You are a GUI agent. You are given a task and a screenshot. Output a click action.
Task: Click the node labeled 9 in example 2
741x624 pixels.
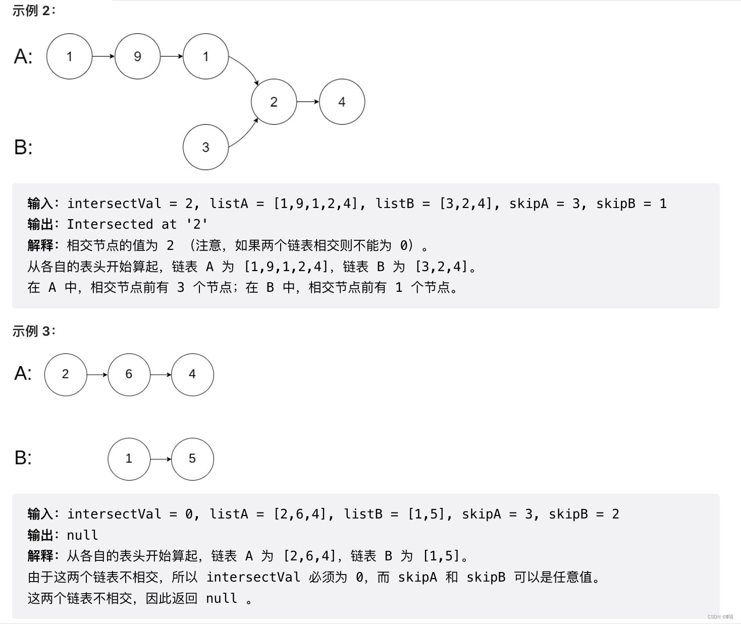(x=137, y=57)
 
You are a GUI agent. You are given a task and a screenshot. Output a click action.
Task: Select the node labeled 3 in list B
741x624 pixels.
(x=205, y=147)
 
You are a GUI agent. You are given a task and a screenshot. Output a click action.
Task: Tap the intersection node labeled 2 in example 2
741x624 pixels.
(x=274, y=101)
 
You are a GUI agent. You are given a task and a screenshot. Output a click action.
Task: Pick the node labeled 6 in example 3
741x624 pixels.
(x=129, y=374)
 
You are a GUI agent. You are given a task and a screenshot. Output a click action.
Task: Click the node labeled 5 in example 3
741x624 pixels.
(x=192, y=458)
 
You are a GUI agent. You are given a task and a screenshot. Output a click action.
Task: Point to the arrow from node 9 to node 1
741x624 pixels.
(x=172, y=57)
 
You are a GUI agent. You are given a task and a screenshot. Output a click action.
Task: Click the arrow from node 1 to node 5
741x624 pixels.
(x=161, y=459)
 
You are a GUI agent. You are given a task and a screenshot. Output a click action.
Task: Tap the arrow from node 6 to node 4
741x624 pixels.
(x=161, y=375)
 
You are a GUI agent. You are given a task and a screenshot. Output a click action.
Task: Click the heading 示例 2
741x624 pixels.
(x=33, y=11)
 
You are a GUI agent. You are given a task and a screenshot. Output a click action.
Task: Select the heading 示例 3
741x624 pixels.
(x=33, y=331)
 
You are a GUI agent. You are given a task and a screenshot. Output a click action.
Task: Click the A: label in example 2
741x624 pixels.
(x=23, y=57)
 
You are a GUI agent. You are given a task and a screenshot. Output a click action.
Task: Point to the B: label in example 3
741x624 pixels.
(x=23, y=458)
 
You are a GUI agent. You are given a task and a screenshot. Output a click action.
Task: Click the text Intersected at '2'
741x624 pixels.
(x=137, y=224)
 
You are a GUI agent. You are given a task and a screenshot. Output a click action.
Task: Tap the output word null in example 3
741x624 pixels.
(x=82, y=535)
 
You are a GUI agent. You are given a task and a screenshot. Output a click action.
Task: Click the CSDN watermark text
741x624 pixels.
(x=720, y=617)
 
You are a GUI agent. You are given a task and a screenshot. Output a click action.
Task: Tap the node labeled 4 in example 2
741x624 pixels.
(x=342, y=101)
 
